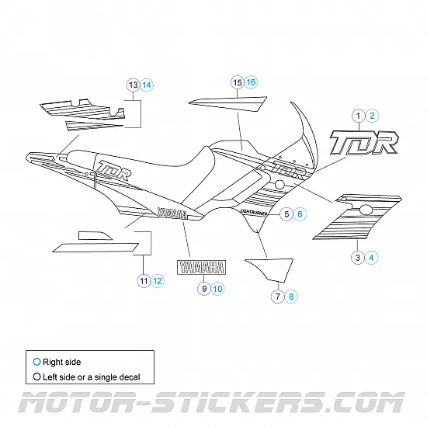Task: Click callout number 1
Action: tap(358, 116)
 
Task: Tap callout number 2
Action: tap(373, 116)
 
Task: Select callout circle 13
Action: tap(133, 84)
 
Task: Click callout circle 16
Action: tap(251, 82)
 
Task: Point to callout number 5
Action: tap(286, 213)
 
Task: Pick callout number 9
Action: tap(204, 288)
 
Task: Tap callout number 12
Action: tap(158, 280)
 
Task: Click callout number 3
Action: tap(357, 257)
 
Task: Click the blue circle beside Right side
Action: tap(36, 362)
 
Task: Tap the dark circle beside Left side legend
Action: tap(36, 377)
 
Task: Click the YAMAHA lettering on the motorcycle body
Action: tap(170, 212)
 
